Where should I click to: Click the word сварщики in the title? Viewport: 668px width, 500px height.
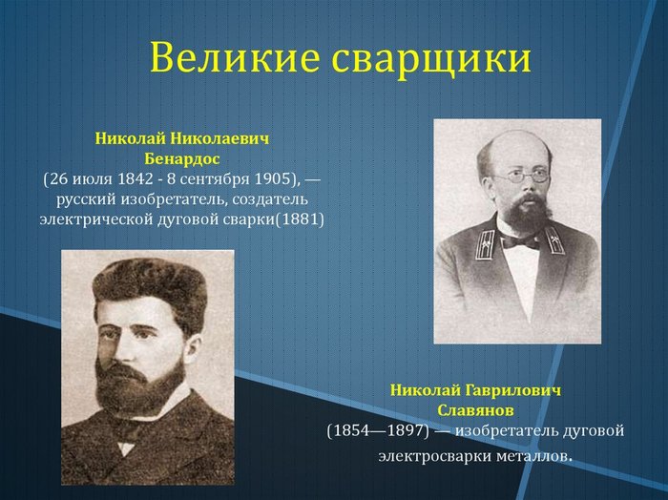click(x=431, y=59)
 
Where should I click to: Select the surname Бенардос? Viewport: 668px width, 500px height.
click(x=182, y=158)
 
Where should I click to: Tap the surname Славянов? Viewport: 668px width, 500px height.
click(x=475, y=410)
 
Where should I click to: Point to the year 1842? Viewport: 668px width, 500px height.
click(x=135, y=178)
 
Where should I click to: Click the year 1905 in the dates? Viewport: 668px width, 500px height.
click(x=272, y=178)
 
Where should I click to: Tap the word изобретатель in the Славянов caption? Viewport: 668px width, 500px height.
click(x=508, y=430)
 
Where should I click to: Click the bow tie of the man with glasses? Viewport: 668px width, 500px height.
click(x=520, y=242)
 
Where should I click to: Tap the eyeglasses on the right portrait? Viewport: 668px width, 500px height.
click(x=523, y=177)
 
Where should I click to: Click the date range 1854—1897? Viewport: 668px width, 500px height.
click(x=378, y=431)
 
